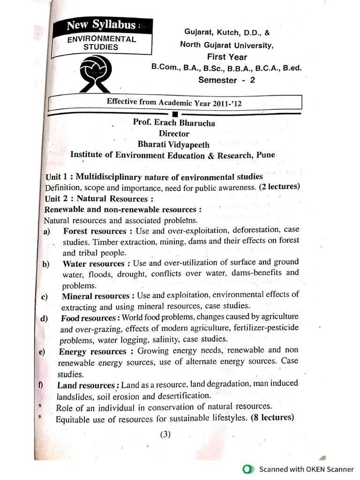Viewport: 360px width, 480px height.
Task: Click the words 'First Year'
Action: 227,57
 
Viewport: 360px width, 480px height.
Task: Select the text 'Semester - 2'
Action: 226,80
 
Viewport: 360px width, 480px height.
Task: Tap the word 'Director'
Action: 173,134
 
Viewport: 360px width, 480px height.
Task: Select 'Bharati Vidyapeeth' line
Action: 173,145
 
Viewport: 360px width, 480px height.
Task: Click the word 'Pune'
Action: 265,155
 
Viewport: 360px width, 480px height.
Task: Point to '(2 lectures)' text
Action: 279,187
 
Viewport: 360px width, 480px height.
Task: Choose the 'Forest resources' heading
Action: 95,231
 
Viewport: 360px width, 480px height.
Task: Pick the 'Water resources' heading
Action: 94,264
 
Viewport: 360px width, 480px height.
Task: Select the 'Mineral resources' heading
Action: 95,296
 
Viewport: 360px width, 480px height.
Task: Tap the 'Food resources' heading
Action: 88,318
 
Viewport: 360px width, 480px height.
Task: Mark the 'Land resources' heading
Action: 86,385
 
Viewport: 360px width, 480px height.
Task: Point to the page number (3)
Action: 165,434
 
